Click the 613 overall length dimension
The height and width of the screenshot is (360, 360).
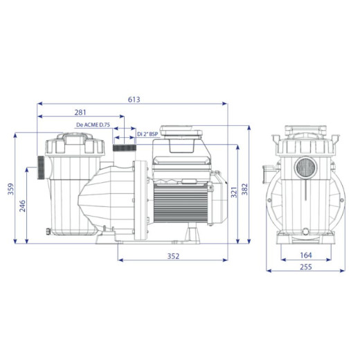click(x=134, y=100)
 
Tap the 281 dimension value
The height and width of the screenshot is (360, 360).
click(x=80, y=112)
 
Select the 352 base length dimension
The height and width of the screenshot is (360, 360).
click(x=173, y=256)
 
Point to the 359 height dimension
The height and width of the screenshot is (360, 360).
click(x=11, y=189)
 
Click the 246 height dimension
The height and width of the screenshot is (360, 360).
click(x=22, y=206)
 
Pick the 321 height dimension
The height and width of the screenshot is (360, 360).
click(x=234, y=192)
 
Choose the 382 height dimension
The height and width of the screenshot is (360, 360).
click(x=244, y=189)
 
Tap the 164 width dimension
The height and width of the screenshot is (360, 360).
click(x=306, y=255)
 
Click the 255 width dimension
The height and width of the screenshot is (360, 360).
click(x=306, y=267)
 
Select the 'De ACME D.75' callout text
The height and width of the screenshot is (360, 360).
click(x=93, y=125)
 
